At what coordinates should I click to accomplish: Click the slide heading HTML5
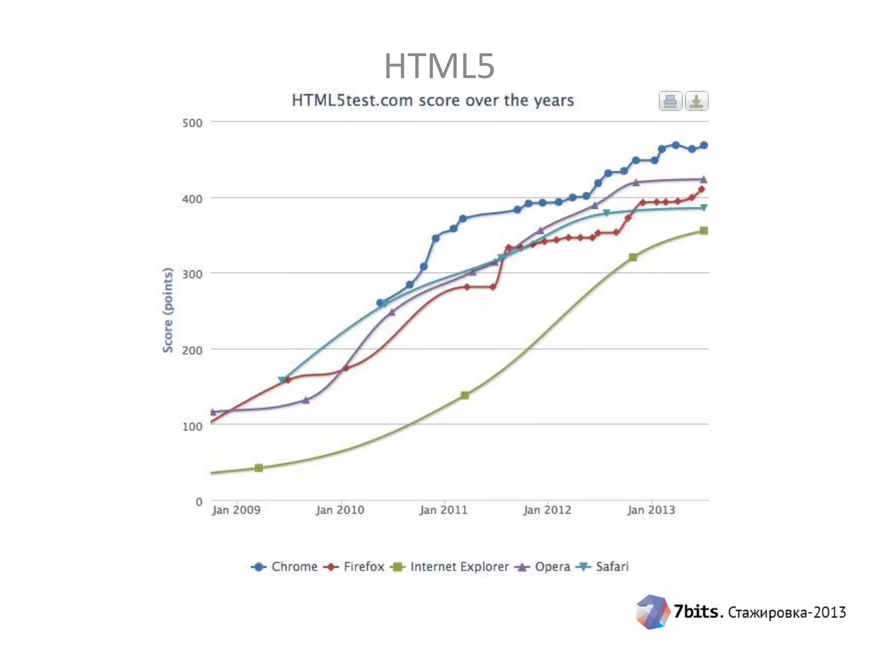tap(439, 66)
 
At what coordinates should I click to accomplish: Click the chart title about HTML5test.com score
tap(433, 100)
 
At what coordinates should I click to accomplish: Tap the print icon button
tap(670, 101)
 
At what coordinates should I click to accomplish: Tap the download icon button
tap(696, 101)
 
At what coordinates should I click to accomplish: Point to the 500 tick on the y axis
tap(192, 123)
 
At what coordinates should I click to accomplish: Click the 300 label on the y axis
tap(192, 274)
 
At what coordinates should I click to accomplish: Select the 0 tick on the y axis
tap(199, 502)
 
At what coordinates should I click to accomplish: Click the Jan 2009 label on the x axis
tap(236, 510)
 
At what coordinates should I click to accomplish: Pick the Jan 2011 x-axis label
tap(443, 510)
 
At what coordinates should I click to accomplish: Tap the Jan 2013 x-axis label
tap(651, 510)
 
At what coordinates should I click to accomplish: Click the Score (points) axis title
tap(168, 310)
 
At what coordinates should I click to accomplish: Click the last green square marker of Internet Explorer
tap(703, 231)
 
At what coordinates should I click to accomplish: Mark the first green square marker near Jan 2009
tap(258, 468)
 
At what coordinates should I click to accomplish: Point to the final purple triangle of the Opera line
tap(703, 180)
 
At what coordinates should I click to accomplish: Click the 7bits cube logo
tap(652, 612)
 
